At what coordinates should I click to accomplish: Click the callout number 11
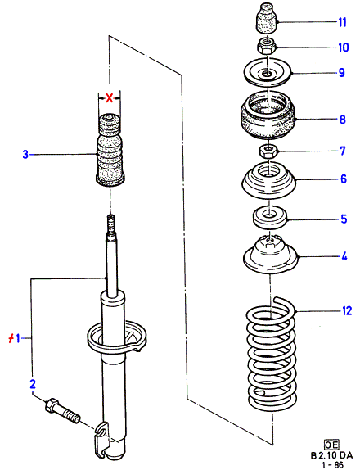342,22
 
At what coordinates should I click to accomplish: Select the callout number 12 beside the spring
347,311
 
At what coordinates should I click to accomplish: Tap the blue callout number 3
25,155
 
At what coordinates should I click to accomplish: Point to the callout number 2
33,384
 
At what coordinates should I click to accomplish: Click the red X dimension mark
110,97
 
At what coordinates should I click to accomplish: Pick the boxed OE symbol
332,445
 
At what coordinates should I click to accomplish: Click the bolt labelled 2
63,411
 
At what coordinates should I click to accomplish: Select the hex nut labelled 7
268,151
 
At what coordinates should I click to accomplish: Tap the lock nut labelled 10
266,46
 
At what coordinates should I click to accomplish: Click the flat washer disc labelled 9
268,72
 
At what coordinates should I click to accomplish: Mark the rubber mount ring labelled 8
268,115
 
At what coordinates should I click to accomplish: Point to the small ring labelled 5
270,216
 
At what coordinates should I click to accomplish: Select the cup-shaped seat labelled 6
269,180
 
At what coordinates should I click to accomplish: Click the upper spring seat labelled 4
271,254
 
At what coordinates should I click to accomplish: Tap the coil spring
271,354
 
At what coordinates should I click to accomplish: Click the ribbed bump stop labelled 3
110,151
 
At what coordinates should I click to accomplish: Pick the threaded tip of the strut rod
111,225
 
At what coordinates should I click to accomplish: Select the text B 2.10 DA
331,455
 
